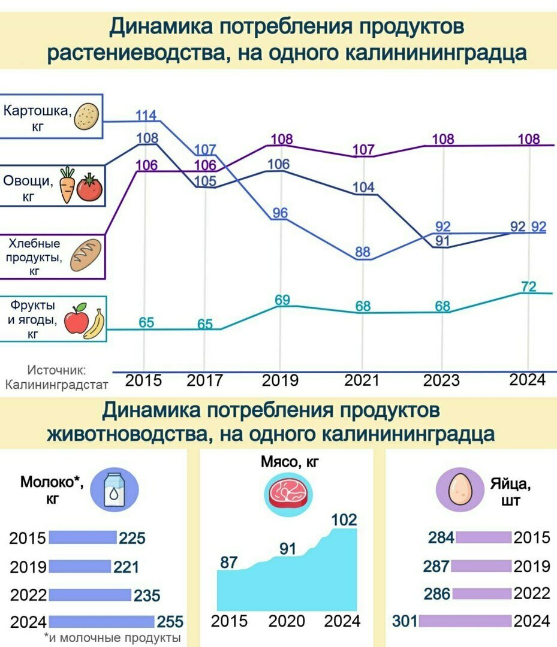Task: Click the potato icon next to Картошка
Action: pyautogui.click(x=86, y=117)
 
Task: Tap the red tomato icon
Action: pyautogui.click(x=90, y=188)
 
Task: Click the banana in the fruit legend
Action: pyautogui.click(x=95, y=325)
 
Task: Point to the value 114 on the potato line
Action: pyautogui.click(x=146, y=115)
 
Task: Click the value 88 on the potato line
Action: pyautogui.click(x=363, y=252)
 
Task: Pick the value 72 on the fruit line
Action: pyautogui.click(x=528, y=286)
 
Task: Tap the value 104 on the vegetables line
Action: pyautogui.click(x=363, y=187)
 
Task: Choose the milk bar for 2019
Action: pyautogui.click(x=80, y=566)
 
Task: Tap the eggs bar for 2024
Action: pyautogui.click(x=465, y=621)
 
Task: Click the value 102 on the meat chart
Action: pyautogui.click(x=344, y=519)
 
